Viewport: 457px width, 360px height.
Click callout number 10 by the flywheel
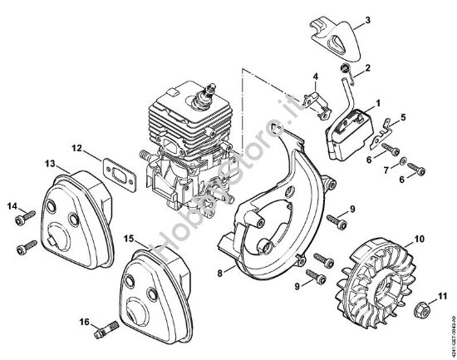click(x=419, y=239)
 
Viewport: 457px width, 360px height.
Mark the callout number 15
click(x=128, y=238)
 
